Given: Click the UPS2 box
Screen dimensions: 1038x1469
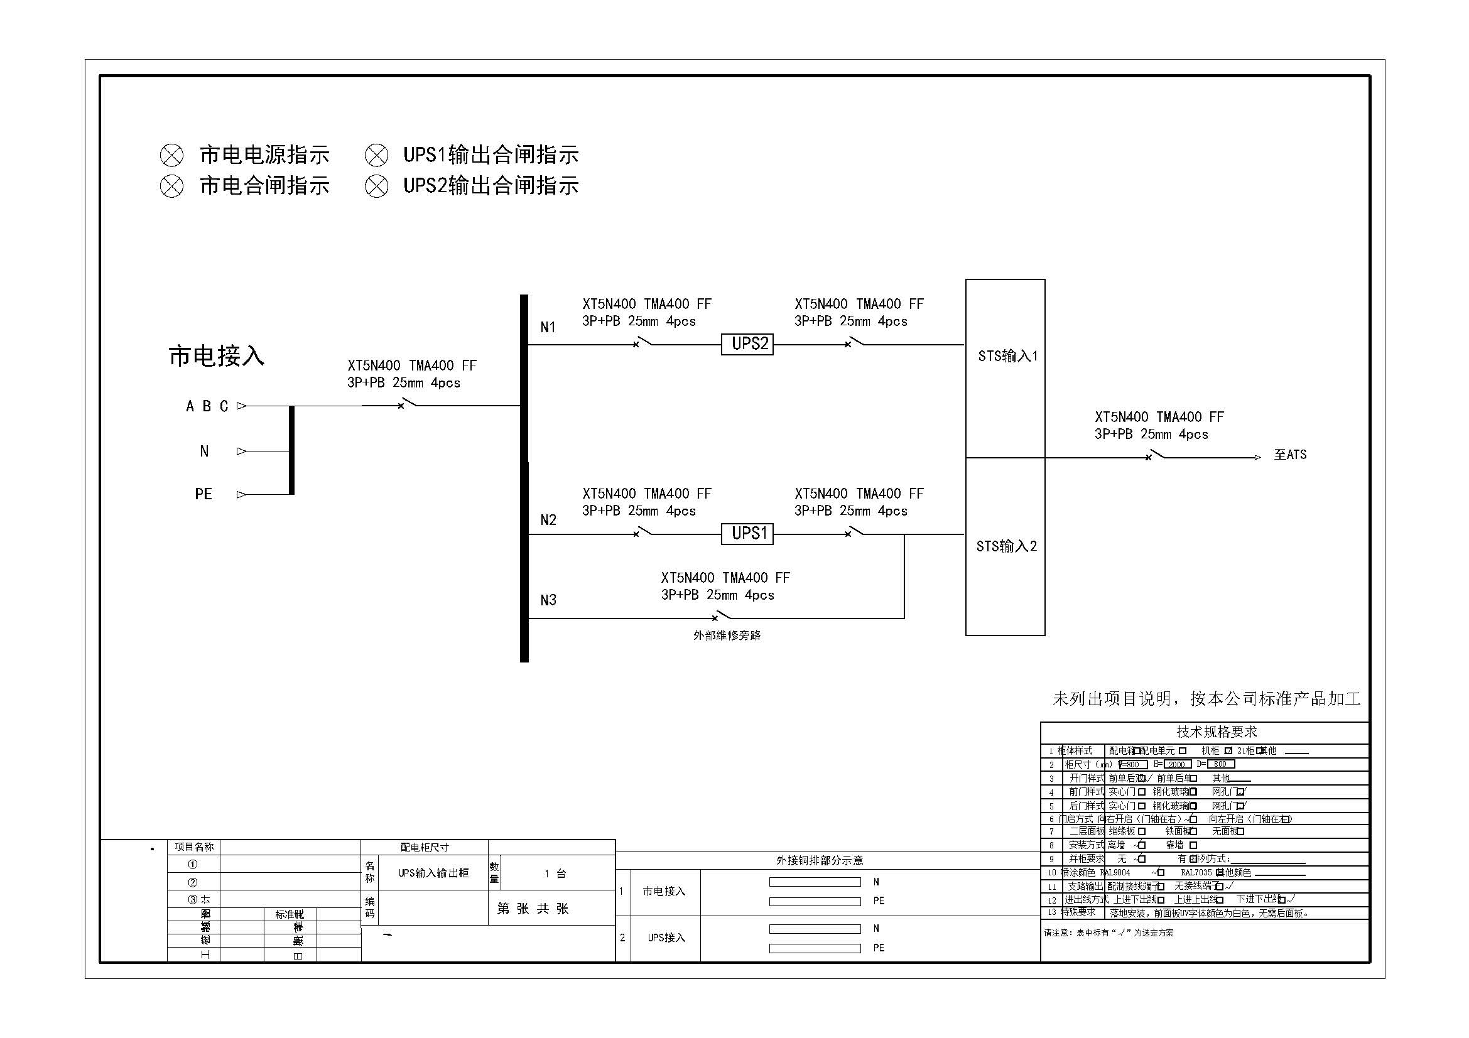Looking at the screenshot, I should pos(747,344).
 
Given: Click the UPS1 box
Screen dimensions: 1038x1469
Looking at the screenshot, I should pos(747,533).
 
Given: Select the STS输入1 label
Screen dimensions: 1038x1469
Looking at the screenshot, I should pos(1007,356).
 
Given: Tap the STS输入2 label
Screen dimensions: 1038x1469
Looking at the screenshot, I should pos(1006,546).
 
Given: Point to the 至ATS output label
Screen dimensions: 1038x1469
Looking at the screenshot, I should pos(1290,455).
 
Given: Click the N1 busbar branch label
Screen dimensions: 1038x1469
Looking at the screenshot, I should pos(548,327).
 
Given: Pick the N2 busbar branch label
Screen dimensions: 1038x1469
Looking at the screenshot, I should pos(548,520).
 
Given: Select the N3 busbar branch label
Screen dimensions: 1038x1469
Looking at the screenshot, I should pos(548,600).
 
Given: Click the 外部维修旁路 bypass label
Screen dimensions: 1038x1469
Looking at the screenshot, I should pos(727,635).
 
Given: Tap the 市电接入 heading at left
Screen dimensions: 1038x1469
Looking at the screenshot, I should pos(216,356).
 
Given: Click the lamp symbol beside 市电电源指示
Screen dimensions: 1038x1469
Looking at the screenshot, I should pos(171,155).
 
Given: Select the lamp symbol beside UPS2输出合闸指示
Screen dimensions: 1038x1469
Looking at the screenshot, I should pos(376,186).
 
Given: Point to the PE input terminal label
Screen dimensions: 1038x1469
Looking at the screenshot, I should pos(203,494).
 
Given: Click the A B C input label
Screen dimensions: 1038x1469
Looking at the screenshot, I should pos(207,406).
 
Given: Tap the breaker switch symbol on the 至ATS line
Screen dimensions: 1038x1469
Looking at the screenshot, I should pos(1155,456).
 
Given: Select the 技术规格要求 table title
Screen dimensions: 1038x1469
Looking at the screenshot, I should pos(1217,732).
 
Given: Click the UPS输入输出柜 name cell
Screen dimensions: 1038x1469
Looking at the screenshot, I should pos(433,873).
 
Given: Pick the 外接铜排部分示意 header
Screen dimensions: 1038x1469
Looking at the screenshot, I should pos(820,860).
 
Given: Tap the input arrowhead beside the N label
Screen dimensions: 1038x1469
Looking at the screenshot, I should pos(241,451).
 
